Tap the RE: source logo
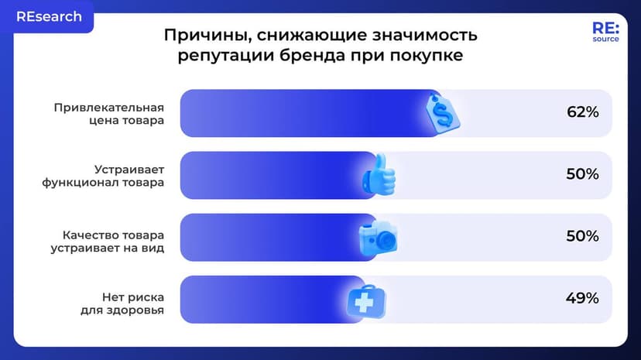(x=605, y=32)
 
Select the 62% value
(x=583, y=112)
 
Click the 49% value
(x=583, y=298)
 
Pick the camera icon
(x=379, y=238)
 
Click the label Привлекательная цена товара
(x=109, y=113)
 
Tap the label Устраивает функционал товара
(x=104, y=175)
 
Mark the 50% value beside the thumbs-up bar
(x=583, y=174)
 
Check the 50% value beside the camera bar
(x=583, y=236)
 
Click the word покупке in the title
(x=425, y=57)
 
